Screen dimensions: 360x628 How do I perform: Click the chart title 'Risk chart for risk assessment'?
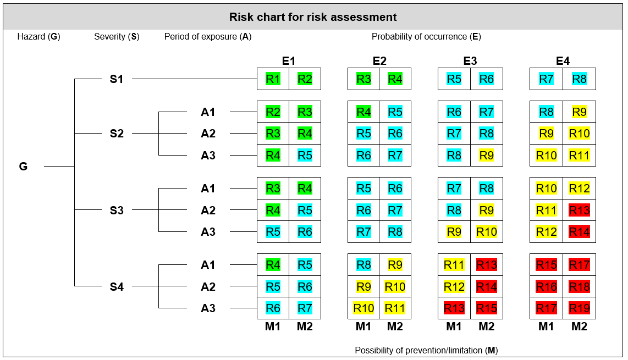coord(313,17)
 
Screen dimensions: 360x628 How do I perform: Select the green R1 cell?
coord(273,79)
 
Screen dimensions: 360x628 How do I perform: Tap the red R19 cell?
coord(579,308)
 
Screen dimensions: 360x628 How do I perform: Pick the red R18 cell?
coord(579,287)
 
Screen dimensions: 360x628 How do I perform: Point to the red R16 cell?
coord(546,287)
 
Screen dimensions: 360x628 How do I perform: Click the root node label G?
coord(23,166)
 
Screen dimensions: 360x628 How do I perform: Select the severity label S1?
coord(117,79)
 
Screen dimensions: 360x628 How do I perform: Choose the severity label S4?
coord(117,287)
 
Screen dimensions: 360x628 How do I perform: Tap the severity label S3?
coord(117,211)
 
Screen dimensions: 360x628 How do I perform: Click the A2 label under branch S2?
coord(208,134)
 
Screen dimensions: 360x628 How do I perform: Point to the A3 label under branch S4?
coord(208,308)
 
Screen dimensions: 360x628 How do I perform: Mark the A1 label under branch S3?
coord(208,189)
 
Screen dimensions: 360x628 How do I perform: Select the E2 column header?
coord(379,61)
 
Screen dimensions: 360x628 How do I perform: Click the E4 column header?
coord(563,61)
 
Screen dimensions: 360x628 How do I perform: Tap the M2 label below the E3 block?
coord(486,326)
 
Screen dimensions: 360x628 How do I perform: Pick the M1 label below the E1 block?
coord(273,326)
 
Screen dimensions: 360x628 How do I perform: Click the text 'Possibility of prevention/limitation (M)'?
coord(426,350)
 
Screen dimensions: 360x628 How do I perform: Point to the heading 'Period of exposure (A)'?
coord(208,37)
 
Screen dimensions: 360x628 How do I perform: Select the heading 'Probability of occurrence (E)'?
coord(426,37)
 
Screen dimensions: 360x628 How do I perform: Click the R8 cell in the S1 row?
coord(579,79)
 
